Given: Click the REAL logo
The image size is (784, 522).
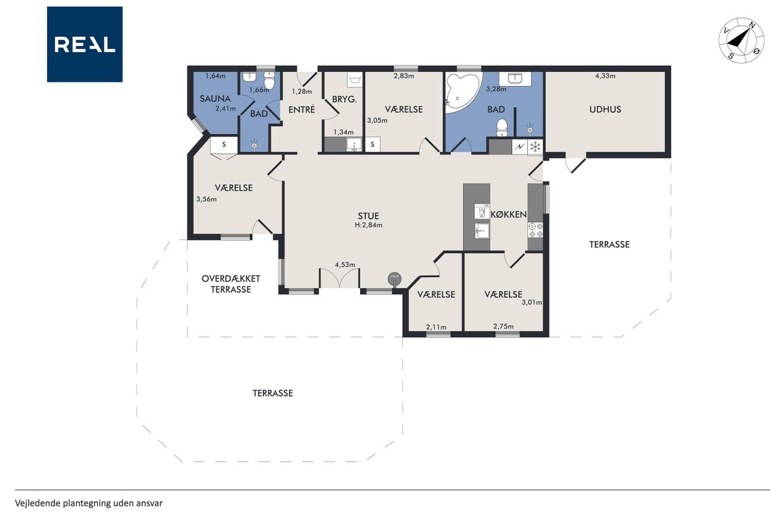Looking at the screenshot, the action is pos(85,45).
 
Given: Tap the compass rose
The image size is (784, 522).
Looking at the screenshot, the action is pos(741,40).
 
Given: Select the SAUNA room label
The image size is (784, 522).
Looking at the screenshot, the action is pos(215,99).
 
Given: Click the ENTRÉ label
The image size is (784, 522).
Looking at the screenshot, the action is pos(302,110).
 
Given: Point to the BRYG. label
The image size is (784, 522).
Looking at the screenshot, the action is pos(344,99).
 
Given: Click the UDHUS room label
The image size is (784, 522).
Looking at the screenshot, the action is pos(605,110).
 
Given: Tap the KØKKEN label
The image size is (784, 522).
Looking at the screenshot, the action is pos(508,214).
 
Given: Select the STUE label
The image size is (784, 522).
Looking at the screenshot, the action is pos(368,216).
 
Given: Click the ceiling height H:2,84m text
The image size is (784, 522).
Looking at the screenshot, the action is pos(369,225).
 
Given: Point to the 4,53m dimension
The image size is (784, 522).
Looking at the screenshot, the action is pos(345,264).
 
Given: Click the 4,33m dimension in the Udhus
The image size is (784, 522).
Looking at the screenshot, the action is pos(606,76).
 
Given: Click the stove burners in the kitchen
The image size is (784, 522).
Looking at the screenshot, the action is pos(535,229).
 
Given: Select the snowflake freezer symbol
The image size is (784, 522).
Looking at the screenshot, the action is pos(535,147).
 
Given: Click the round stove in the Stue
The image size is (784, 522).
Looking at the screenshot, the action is pos(394,279).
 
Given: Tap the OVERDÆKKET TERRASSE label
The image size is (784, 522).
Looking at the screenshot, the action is pos(231,284).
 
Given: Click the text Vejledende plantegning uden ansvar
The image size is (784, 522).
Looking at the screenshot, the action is pos(89,503).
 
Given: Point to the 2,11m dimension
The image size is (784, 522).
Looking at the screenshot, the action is pos(436,327).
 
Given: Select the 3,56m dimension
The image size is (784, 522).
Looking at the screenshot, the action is pos(206,199).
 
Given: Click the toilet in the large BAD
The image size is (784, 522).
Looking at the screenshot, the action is pos(502,128).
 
